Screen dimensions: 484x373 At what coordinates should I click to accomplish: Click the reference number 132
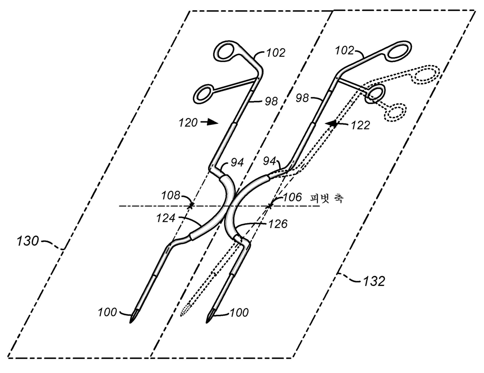click(374, 281)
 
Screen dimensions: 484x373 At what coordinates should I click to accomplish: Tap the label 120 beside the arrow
click(189, 123)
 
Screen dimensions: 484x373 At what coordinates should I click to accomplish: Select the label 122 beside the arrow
click(359, 125)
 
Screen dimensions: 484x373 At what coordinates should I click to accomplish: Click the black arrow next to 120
click(210, 122)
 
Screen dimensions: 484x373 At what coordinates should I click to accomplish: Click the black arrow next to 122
click(333, 124)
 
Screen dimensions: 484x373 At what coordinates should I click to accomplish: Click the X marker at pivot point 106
click(270, 205)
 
